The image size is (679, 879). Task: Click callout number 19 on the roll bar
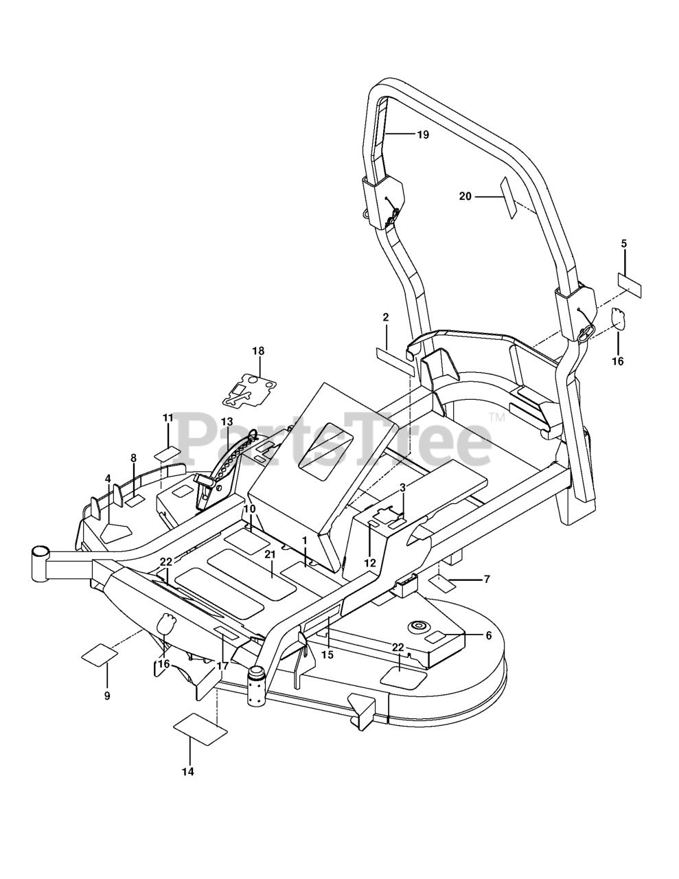tap(423, 135)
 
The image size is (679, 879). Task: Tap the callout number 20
tap(465, 196)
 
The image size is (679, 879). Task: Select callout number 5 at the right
tap(624, 244)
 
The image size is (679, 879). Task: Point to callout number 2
tap(386, 317)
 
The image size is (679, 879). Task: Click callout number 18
tap(258, 351)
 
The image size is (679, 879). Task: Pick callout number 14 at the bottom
tap(187, 771)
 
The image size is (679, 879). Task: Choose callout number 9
tap(107, 696)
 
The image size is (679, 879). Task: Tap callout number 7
tap(487, 580)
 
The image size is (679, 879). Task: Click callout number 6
tap(489, 636)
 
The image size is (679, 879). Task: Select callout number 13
tap(227, 422)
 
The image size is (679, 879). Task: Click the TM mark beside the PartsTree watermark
tap(496, 417)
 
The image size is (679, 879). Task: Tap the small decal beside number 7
tap(442, 584)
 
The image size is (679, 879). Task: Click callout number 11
tap(168, 418)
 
